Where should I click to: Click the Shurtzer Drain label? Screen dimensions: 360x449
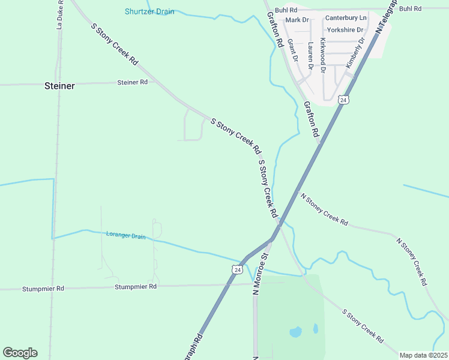(x=149, y=11)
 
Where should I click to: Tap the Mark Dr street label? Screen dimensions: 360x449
(x=297, y=20)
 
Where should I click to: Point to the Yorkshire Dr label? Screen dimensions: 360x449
(x=345, y=29)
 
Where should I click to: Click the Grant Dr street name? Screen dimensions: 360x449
(x=292, y=50)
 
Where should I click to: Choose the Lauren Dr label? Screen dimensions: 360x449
(x=310, y=55)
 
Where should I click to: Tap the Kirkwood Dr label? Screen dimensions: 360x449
(x=323, y=55)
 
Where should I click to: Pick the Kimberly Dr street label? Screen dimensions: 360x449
(x=355, y=53)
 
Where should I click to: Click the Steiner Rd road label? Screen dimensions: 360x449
(x=133, y=82)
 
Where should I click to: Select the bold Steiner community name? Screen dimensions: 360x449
(x=59, y=86)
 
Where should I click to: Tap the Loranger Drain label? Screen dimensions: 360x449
(x=125, y=236)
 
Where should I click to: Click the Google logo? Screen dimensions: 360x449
(x=20, y=353)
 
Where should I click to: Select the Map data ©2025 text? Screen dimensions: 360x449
(x=424, y=355)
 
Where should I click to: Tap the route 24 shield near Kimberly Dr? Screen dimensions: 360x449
(x=342, y=100)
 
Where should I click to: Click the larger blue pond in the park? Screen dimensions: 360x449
(x=295, y=331)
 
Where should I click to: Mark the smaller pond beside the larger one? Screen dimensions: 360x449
(x=315, y=328)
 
